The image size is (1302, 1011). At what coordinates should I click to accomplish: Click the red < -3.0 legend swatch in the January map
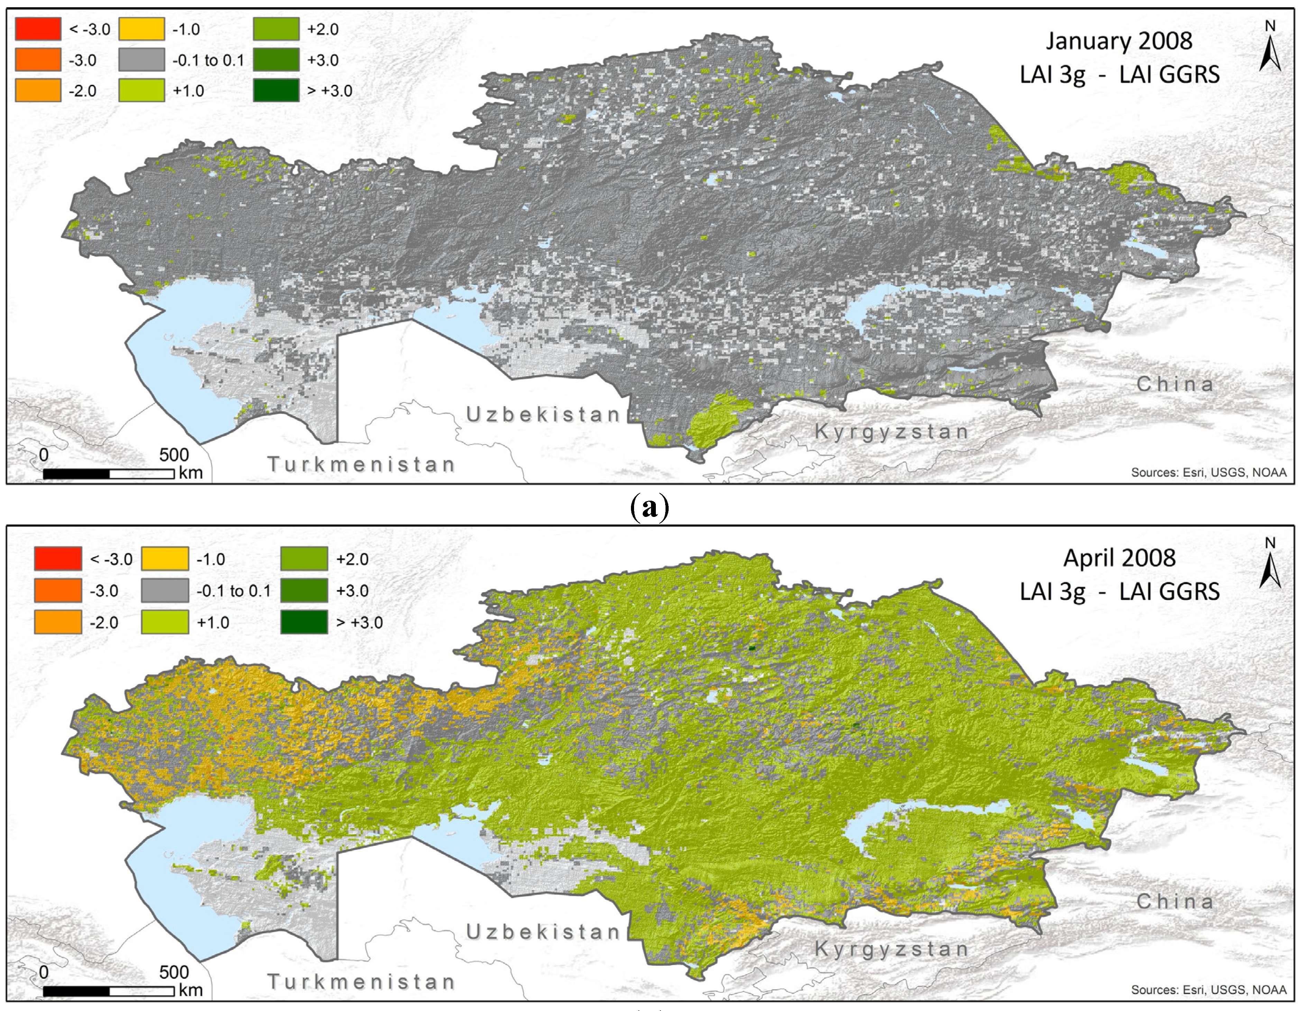coord(38,29)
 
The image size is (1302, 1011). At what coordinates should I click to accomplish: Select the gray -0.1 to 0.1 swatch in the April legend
coord(165,591)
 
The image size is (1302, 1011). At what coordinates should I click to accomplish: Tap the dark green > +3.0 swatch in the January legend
coord(276,91)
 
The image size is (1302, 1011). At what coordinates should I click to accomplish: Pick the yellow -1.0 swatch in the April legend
coord(165,559)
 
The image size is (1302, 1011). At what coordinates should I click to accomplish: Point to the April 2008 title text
coord(1119,558)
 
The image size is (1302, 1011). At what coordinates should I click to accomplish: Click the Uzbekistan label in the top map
coord(542,415)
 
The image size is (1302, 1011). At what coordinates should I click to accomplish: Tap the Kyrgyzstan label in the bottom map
coord(891,949)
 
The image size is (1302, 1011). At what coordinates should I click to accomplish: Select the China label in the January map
coord(1174,384)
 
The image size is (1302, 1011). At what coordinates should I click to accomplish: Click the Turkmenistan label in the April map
coord(361,982)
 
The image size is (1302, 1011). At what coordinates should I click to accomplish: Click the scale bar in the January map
coord(109,474)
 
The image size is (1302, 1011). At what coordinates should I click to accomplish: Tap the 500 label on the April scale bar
coord(174,972)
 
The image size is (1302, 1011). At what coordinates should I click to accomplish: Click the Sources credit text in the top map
coord(1208,472)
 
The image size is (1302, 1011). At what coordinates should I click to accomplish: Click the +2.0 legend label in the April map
coord(352,559)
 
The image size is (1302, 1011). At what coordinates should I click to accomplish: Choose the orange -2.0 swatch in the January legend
coord(38,91)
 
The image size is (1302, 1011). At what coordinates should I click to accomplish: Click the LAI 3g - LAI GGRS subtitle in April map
coord(1119,592)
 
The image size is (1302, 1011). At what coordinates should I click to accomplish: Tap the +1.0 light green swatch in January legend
coord(142,91)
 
